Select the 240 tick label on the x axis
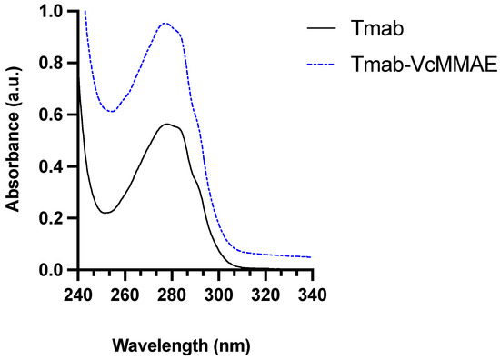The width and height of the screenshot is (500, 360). coord(78,295)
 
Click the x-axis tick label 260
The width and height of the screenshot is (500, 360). coord(125,295)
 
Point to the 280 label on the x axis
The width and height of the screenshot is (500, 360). coord(171,295)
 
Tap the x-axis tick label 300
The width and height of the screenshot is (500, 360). coord(217,295)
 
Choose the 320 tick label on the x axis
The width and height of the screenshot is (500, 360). coord(265,295)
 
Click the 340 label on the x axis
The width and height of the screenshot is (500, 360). coord(311,295)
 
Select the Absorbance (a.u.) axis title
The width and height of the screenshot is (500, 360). coord(15,141)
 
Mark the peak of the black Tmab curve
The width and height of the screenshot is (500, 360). coord(166,124)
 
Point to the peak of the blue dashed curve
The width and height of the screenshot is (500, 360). coord(165,23)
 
